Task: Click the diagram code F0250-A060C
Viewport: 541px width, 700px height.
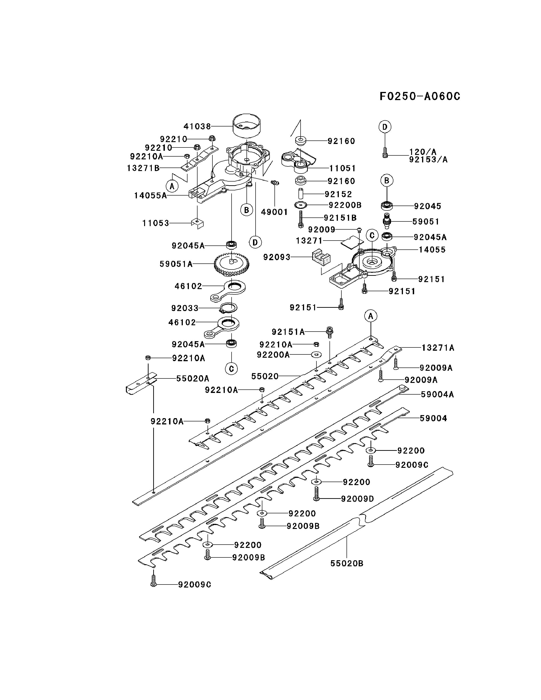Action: click(x=420, y=96)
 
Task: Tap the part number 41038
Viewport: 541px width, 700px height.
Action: click(x=197, y=126)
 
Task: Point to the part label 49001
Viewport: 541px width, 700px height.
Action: click(x=274, y=212)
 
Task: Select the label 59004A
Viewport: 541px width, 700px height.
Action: click(x=437, y=394)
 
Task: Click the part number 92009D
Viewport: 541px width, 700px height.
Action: click(x=357, y=499)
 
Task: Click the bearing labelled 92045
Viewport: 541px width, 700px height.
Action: click(x=387, y=205)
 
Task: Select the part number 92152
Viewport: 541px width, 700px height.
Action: click(x=338, y=194)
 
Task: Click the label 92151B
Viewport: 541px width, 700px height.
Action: click(x=340, y=218)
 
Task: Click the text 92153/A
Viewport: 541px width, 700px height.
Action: click(x=428, y=159)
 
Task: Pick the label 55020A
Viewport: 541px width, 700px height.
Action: click(x=193, y=378)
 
